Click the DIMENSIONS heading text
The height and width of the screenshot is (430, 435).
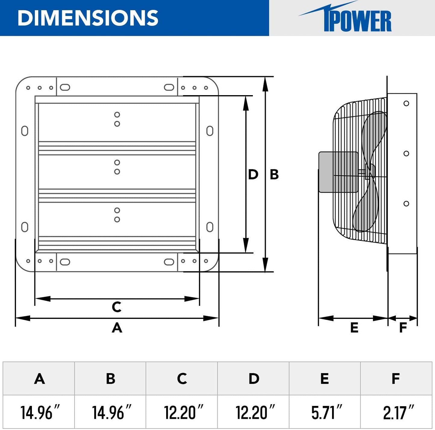tap(88, 18)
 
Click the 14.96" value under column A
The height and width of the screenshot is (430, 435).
tap(39, 412)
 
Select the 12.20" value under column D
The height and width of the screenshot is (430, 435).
tap(255, 412)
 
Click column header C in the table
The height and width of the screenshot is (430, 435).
tap(182, 379)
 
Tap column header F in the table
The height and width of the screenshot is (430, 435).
tap(396, 379)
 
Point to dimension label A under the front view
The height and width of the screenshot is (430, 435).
tap(117, 328)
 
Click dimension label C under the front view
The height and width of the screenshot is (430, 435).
tap(117, 307)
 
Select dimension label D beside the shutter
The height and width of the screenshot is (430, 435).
tap(253, 175)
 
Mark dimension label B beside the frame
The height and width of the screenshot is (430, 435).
tap(274, 175)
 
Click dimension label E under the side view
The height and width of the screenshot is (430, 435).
tap(354, 328)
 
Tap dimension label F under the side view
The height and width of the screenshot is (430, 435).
tap(403, 328)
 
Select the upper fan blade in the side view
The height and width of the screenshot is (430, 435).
tap(375, 136)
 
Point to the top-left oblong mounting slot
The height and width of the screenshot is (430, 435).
tap(65, 87)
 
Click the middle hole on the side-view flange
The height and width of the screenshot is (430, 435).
tap(406, 154)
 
